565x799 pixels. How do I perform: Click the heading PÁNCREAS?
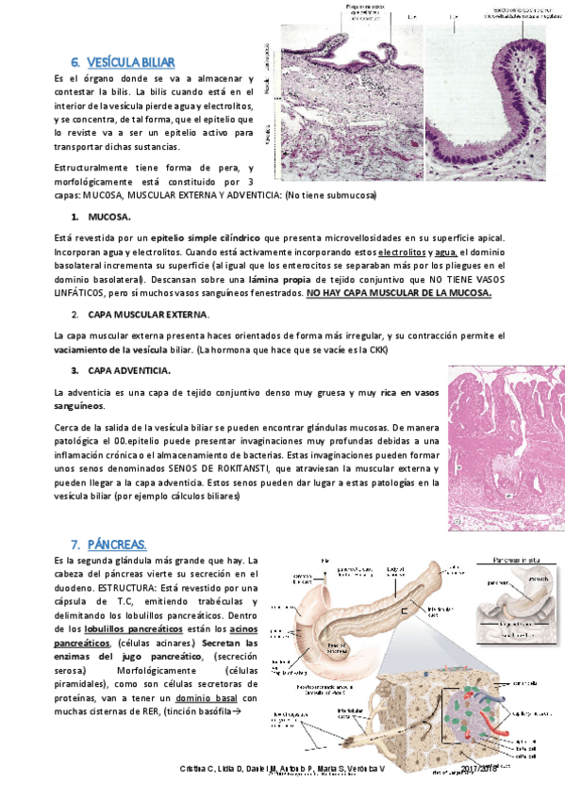117,545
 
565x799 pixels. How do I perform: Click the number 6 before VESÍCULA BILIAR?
75,62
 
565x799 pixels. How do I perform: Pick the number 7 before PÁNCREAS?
75,545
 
